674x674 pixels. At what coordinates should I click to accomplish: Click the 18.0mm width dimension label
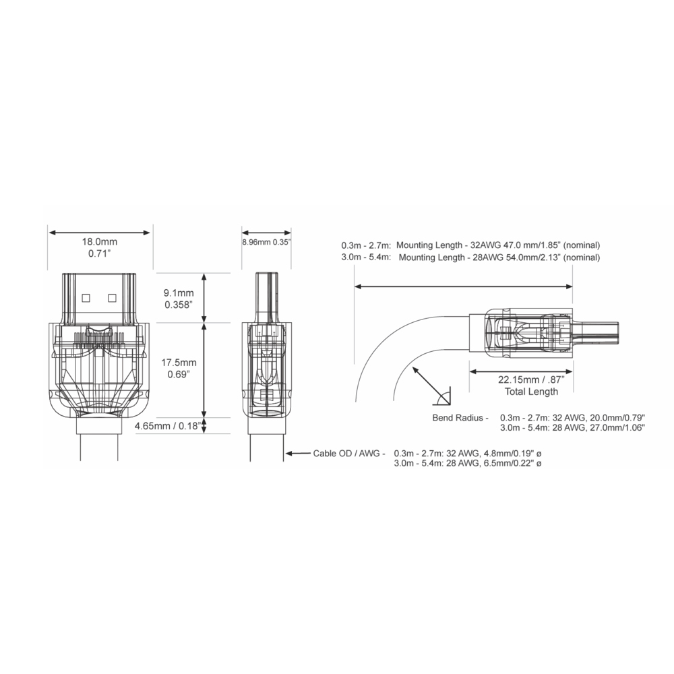point(100,242)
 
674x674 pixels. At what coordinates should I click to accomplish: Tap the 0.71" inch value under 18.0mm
point(100,253)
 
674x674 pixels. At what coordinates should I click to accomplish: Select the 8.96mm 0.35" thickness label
point(266,242)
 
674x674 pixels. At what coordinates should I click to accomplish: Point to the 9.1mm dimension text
point(179,293)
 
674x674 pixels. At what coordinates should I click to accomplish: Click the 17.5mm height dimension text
point(179,363)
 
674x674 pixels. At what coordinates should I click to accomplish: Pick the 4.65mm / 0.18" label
point(168,426)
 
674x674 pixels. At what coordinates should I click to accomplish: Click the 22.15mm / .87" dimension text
point(531,380)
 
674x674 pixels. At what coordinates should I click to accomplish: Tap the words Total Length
point(531,392)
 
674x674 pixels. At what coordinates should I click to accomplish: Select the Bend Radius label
point(460,418)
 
